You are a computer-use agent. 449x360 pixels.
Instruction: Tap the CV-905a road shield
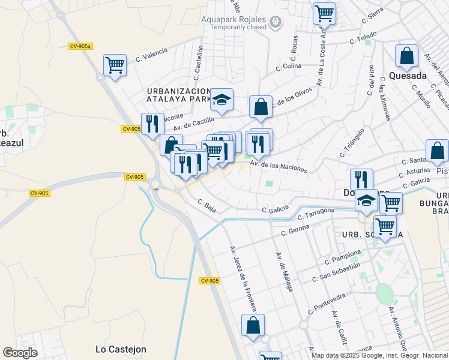pos(80,46)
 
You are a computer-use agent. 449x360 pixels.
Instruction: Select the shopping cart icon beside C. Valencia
pos(115,65)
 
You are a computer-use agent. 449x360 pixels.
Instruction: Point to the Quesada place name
pos(408,76)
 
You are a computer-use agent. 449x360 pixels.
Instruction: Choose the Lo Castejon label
pos(121,349)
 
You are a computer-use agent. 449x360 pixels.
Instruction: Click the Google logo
pos(20,353)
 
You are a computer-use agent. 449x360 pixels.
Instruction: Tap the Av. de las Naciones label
pos(278,166)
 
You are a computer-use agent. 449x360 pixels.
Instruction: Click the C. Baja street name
pos(206,206)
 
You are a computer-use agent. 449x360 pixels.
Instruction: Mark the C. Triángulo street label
pos(352,142)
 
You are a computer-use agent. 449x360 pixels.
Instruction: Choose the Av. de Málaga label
pos(285,271)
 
